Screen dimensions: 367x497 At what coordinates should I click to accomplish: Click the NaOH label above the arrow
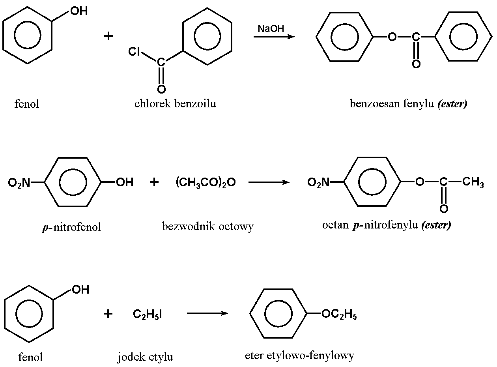coord(271,29)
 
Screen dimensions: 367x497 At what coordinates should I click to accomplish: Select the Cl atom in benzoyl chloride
coord(135,52)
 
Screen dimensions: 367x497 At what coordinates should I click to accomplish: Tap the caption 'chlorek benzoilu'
coord(175,104)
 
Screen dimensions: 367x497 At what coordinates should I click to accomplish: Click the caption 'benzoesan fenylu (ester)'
coord(408,104)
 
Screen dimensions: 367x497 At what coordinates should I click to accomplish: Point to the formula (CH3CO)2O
coord(206,182)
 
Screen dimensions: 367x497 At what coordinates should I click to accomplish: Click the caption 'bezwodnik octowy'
coord(207,226)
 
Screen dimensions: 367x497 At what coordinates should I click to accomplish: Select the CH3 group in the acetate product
coord(473,182)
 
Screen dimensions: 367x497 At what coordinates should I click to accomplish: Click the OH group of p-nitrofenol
coord(124,182)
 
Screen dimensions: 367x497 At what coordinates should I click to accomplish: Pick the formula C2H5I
coord(148,314)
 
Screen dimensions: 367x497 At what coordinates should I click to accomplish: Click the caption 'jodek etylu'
coord(145,357)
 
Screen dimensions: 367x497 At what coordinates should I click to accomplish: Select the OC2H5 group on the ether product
coord(339,315)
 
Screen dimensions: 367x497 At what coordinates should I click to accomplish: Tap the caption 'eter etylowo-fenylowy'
coord(299,355)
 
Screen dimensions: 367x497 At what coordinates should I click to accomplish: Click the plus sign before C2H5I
coord(108,314)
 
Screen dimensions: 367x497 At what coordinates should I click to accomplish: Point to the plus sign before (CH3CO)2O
coord(154,182)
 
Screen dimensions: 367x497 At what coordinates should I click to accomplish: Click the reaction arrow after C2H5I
coord(207,314)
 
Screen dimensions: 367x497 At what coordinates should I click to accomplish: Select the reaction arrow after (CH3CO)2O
coord(269,182)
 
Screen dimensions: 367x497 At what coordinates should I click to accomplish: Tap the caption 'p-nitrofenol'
coord(71,227)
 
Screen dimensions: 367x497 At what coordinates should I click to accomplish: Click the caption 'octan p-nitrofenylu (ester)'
coord(386,225)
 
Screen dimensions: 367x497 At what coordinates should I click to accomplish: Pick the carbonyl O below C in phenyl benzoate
coord(416,64)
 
